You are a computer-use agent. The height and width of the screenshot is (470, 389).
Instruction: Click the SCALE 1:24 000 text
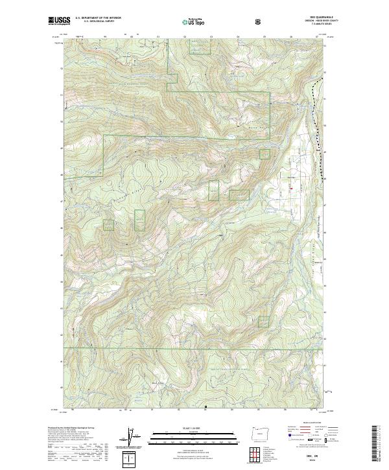coord(194,429)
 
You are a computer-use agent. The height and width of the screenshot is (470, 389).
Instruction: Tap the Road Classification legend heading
coord(312,427)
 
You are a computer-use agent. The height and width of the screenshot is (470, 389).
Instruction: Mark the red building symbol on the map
coord(290,189)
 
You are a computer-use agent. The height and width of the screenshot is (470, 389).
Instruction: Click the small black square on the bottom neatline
coord(206,407)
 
